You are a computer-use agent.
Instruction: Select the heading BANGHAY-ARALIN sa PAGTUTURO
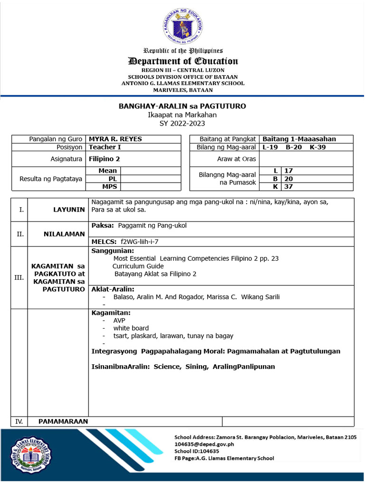point(182,106)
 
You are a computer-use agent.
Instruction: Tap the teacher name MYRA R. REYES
point(115,139)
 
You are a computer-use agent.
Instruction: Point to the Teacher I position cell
point(105,147)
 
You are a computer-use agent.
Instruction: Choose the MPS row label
point(109,186)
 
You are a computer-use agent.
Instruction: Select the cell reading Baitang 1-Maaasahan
point(299,139)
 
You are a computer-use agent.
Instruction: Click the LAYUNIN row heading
point(69,210)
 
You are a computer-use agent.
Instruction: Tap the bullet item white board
point(131,328)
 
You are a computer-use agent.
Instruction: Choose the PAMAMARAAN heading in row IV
point(63,421)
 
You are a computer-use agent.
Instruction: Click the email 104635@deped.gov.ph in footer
point(204,444)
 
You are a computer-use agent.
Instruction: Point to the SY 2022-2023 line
point(182,123)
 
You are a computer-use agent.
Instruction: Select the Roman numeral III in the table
point(19,278)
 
